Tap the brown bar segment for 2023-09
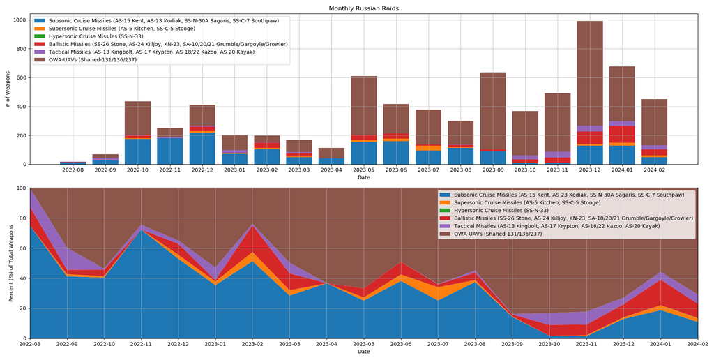(x=493, y=111)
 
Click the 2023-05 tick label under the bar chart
(x=363, y=170)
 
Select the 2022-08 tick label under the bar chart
(x=73, y=170)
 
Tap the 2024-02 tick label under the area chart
(x=698, y=345)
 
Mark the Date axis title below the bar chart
(x=363, y=178)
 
